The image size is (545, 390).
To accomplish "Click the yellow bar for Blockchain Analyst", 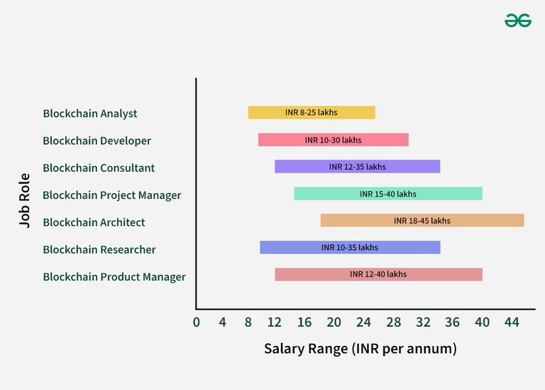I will tap(312, 112).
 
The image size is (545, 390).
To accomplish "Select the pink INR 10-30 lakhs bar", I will tap(333, 140).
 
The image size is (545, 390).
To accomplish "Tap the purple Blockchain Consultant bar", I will tap(357, 167).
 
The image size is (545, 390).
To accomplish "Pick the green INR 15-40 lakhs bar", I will tap(388, 194).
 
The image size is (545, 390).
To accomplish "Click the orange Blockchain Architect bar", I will tap(422, 221).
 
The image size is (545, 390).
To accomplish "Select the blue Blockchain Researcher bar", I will tap(350, 248).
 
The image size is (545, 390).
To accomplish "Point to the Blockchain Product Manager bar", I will tap(378, 274).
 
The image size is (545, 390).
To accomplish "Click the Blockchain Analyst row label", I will tap(90, 114).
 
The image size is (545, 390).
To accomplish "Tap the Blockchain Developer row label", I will tap(97, 141).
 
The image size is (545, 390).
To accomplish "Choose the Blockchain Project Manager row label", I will tap(111, 195).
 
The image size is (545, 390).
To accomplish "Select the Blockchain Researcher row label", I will tap(99, 249).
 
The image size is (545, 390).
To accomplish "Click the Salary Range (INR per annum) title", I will tap(360, 349).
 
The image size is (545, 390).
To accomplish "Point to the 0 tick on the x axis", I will tap(197, 322).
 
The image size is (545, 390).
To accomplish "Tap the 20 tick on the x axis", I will tap(334, 322).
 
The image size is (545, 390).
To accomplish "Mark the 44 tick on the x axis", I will tap(511, 322).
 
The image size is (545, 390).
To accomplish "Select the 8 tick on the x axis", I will tap(248, 322).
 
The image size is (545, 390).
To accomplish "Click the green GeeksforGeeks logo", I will tap(518, 21).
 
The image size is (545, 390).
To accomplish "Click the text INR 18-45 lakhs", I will tap(422, 221).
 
